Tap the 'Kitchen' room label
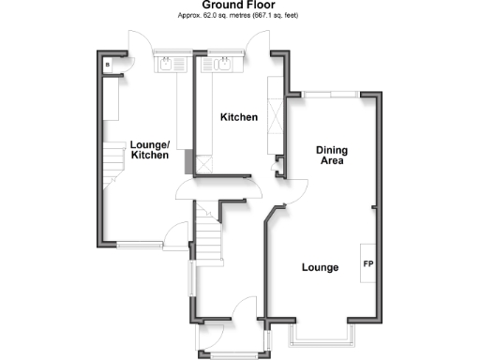[x=239, y=117]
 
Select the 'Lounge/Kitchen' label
[x=150, y=150]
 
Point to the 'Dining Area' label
[x=332, y=155]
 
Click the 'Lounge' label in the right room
[x=319, y=268]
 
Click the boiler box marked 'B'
[x=108, y=65]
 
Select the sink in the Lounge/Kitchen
[x=170, y=66]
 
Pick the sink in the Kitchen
[x=223, y=66]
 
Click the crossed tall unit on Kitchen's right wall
[x=276, y=122]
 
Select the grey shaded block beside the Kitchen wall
[x=190, y=162]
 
